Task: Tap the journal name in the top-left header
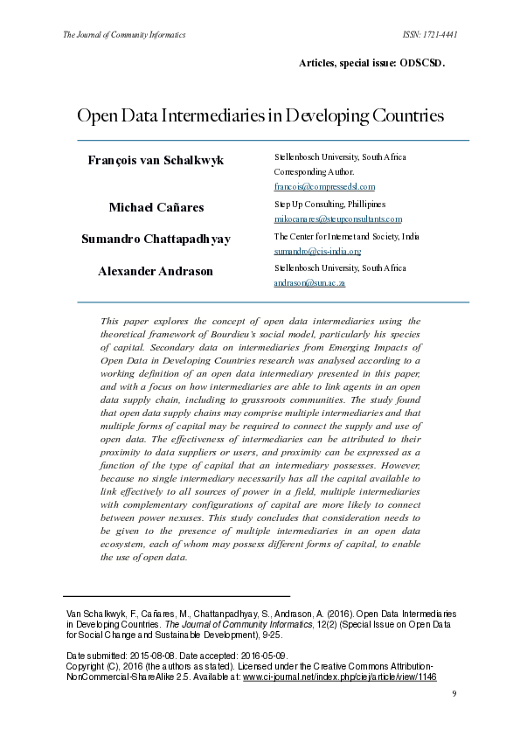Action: (x=124, y=35)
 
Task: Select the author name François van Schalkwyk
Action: (x=156, y=160)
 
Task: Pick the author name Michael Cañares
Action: (x=156, y=207)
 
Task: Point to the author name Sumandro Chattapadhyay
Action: (x=156, y=239)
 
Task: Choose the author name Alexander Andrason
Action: (x=156, y=271)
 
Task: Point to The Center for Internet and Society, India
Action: (x=346, y=237)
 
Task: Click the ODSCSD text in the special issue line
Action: (x=422, y=64)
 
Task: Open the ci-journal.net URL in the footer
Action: (x=339, y=677)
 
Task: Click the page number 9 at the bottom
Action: (x=454, y=693)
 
